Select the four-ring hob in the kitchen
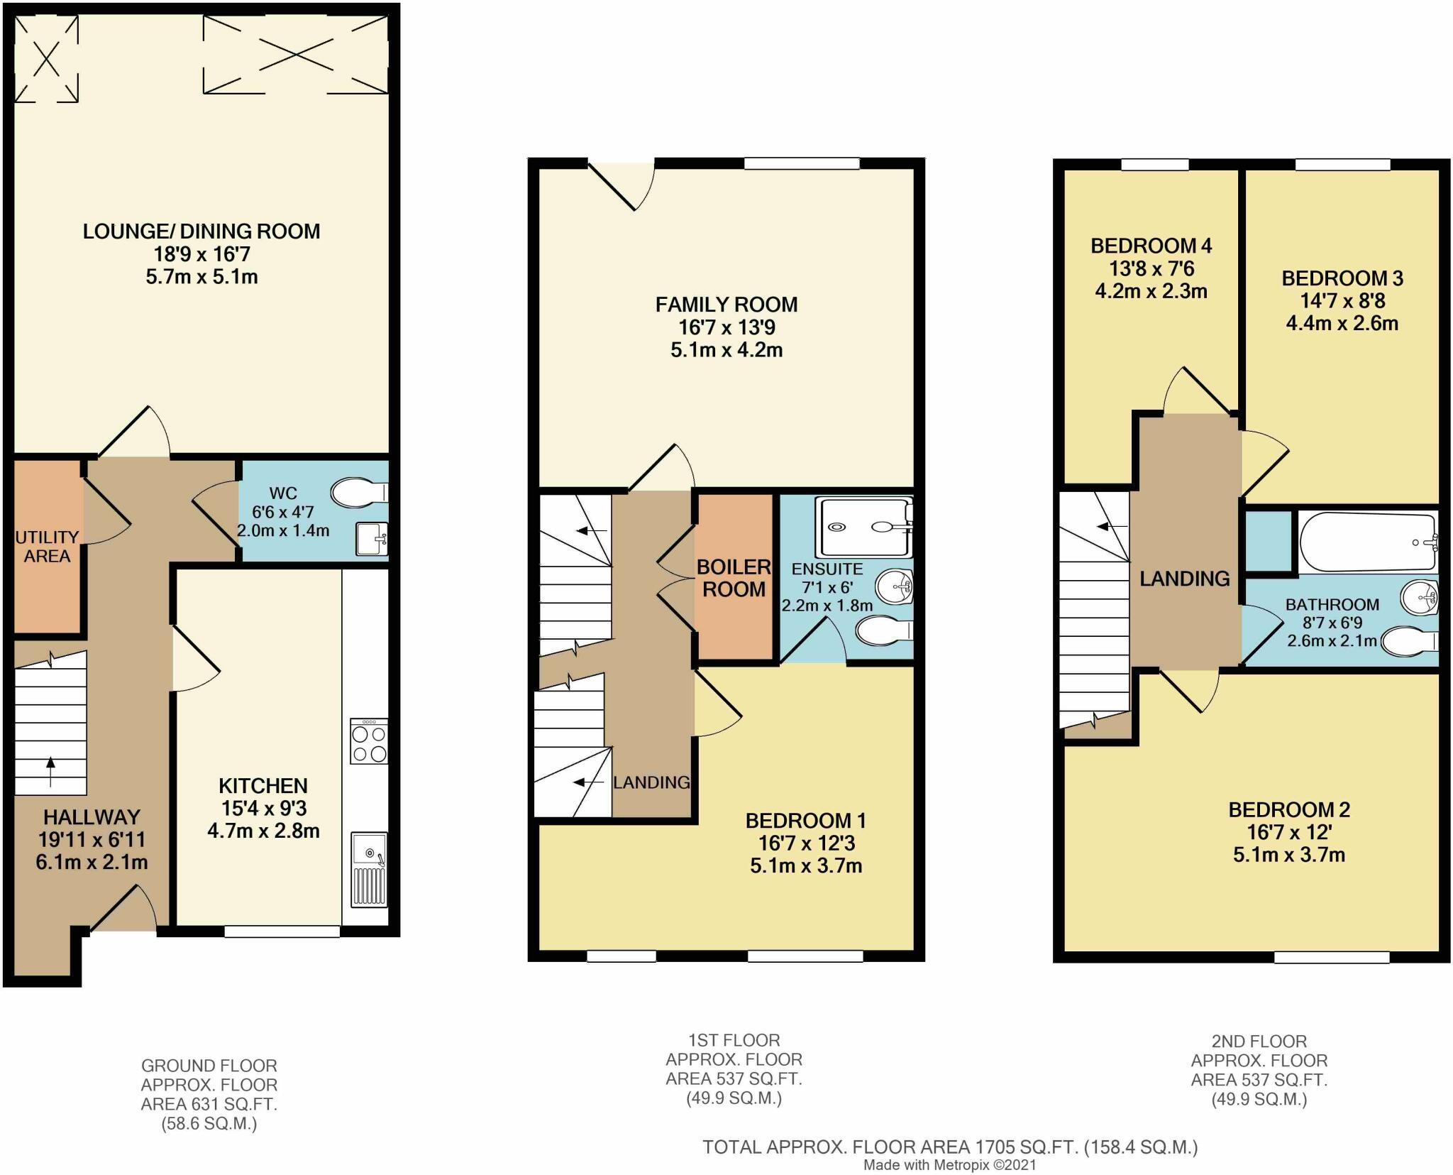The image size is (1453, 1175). tap(369, 741)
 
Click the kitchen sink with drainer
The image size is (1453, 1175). tap(370, 870)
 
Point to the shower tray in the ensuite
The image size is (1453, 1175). tap(864, 528)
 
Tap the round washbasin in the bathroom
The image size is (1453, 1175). tap(1419, 598)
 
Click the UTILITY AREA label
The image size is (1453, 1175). tap(47, 547)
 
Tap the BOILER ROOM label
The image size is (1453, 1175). tap(734, 578)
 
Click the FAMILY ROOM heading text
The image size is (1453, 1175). tap(726, 305)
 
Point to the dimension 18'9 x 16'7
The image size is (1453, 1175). tap(201, 254)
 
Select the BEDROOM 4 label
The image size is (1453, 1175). tap(1151, 246)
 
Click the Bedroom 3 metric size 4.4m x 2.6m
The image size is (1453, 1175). tap(1342, 324)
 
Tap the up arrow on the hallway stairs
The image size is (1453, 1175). tap(50, 772)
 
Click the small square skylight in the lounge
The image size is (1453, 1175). tap(46, 59)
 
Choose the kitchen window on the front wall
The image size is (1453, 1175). tap(282, 931)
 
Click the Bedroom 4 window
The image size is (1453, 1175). tap(1155, 165)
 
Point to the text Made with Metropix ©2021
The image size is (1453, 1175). tap(950, 1165)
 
